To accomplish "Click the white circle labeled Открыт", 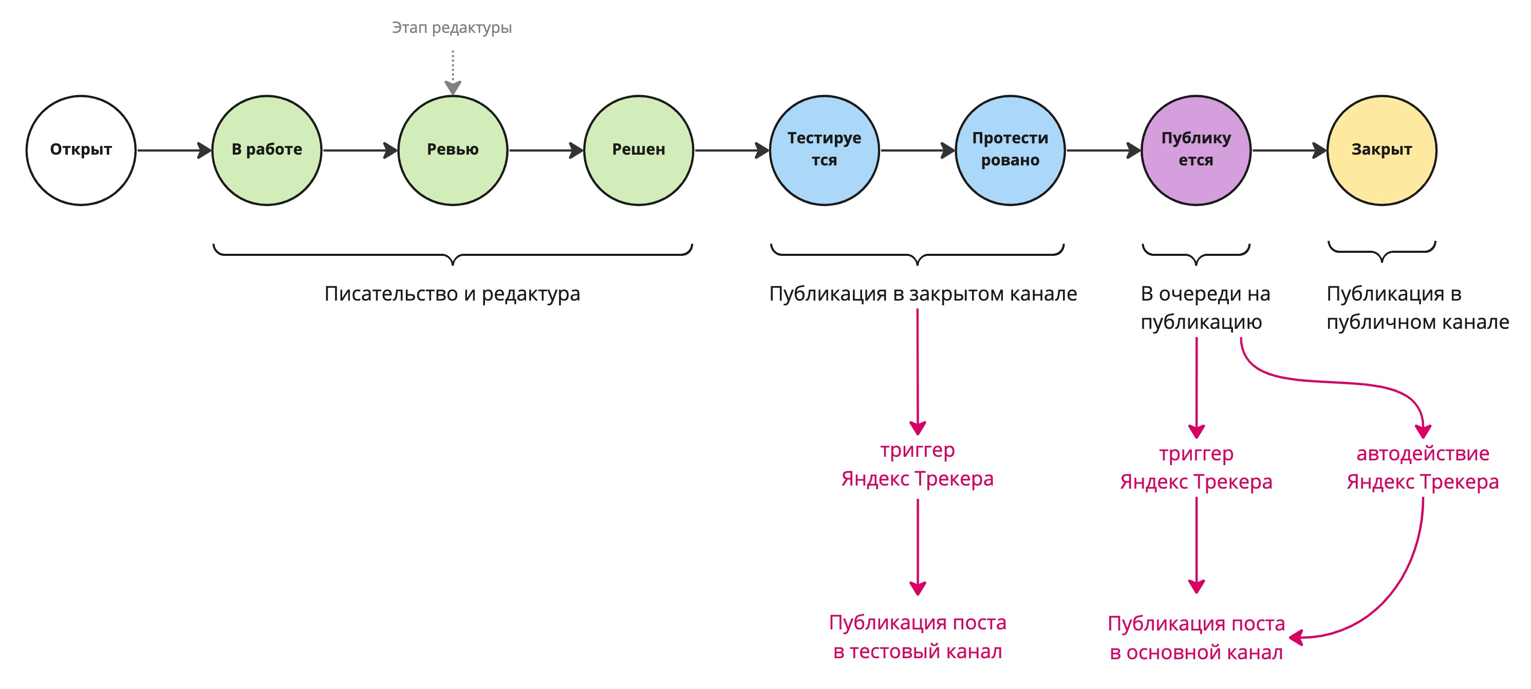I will pyautogui.click(x=81, y=150).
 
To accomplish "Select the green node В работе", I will pyautogui.click(x=267, y=150).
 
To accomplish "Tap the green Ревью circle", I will pyautogui.click(x=453, y=150).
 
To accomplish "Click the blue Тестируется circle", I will pyautogui.click(x=825, y=150).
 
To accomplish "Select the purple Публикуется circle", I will pyautogui.click(x=1196, y=150).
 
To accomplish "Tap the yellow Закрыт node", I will pyautogui.click(x=1382, y=150).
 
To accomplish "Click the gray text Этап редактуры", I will pyautogui.click(x=452, y=28).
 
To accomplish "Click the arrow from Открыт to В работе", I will pyautogui.click(x=174, y=151).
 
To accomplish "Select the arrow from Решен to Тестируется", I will pyautogui.click(x=731, y=151).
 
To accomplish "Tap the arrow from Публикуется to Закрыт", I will pyautogui.click(x=1289, y=151).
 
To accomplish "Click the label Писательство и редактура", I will pyautogui.click(x=452, y=294).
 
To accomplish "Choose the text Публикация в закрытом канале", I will pyautogui.click(x=923, y=294).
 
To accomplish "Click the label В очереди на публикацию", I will pyautogui.click(x=1205, y=307).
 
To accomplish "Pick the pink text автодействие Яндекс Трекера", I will pyautogui.click(x=1422, y=467).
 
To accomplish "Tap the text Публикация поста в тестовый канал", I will pyautogui.click(x=918, y=637).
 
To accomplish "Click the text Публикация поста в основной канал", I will pyautogui.click(x=1196, y=638).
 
